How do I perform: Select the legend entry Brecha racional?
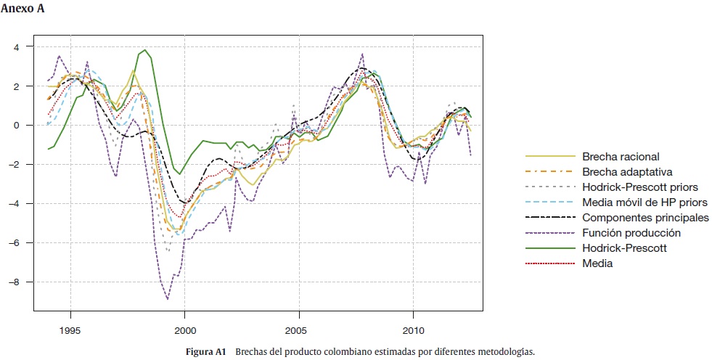pyautogui.click(x=621, y=156)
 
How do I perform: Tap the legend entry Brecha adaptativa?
pyautogui.click(x=626, y=171)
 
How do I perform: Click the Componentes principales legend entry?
pyautogui.click(x=645, y=218)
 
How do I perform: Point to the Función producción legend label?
pyautogui.click(x=631, y=233)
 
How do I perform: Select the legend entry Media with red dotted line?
pyautogui.click(x=597, y=263)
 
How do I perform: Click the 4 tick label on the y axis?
pyautogui.click(x=18, y=46)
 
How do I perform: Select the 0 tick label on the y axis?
pyautogui.click(x=18, y=125)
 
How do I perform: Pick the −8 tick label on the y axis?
pyautogui.click(x=15, y=282)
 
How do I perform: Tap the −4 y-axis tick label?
pyautogui.click(x=15, y=203)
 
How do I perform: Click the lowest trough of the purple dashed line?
pyautogui.click(x=168, y=299)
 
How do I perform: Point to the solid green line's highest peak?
pyautogui.click(x=145, y=50)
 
